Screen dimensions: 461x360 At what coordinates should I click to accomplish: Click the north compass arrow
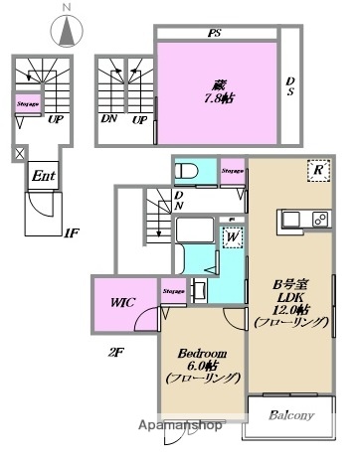click(x=67, y=32)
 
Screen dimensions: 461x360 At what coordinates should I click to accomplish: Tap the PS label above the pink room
click(x=214, y=33)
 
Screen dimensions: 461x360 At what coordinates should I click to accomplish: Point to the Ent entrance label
click(x=43, y=177)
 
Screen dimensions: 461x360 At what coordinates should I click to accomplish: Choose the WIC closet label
click(x=122, y=299)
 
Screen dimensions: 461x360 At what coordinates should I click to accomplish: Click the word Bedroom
click(x=201, y=354)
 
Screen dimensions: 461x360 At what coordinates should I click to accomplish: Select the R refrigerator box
click(x=317, y=171)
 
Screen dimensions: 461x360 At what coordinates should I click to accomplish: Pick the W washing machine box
click(x=231, y=238)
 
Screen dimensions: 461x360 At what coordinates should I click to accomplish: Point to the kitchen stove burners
click(x=320, y=219)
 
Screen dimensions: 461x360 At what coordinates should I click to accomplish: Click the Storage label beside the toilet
click(x=233, y=170)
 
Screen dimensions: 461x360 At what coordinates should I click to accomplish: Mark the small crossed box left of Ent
click(x=17, y=154)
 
